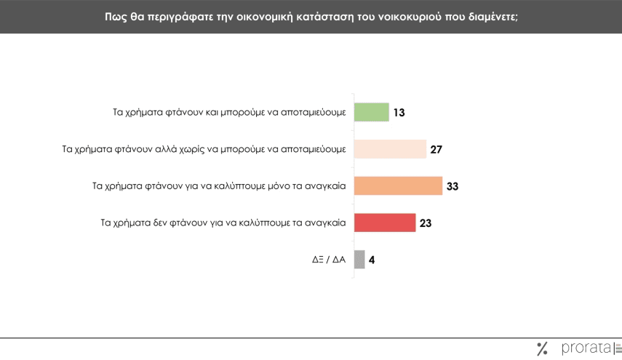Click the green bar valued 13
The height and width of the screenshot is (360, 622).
(x=371, y=113)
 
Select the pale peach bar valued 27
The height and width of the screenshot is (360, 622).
(x=390, y=149)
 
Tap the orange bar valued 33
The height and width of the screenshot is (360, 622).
(x=398, y=186)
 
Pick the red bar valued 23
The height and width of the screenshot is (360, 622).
(x=384, y=223)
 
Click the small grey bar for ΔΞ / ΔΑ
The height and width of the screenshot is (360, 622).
(x=359, y=260)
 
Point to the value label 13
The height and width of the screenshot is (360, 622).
(x=399, y=113)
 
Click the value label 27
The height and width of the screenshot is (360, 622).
(x=436, y=150)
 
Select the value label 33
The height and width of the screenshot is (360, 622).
(x=452, y=186)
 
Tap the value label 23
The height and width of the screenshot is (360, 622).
(x=426, y=223)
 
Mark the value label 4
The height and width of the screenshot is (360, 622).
(x=372, y=260)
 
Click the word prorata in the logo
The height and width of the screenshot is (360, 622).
(x=586, y=349)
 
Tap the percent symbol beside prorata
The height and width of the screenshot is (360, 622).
(x=541, y=349)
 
